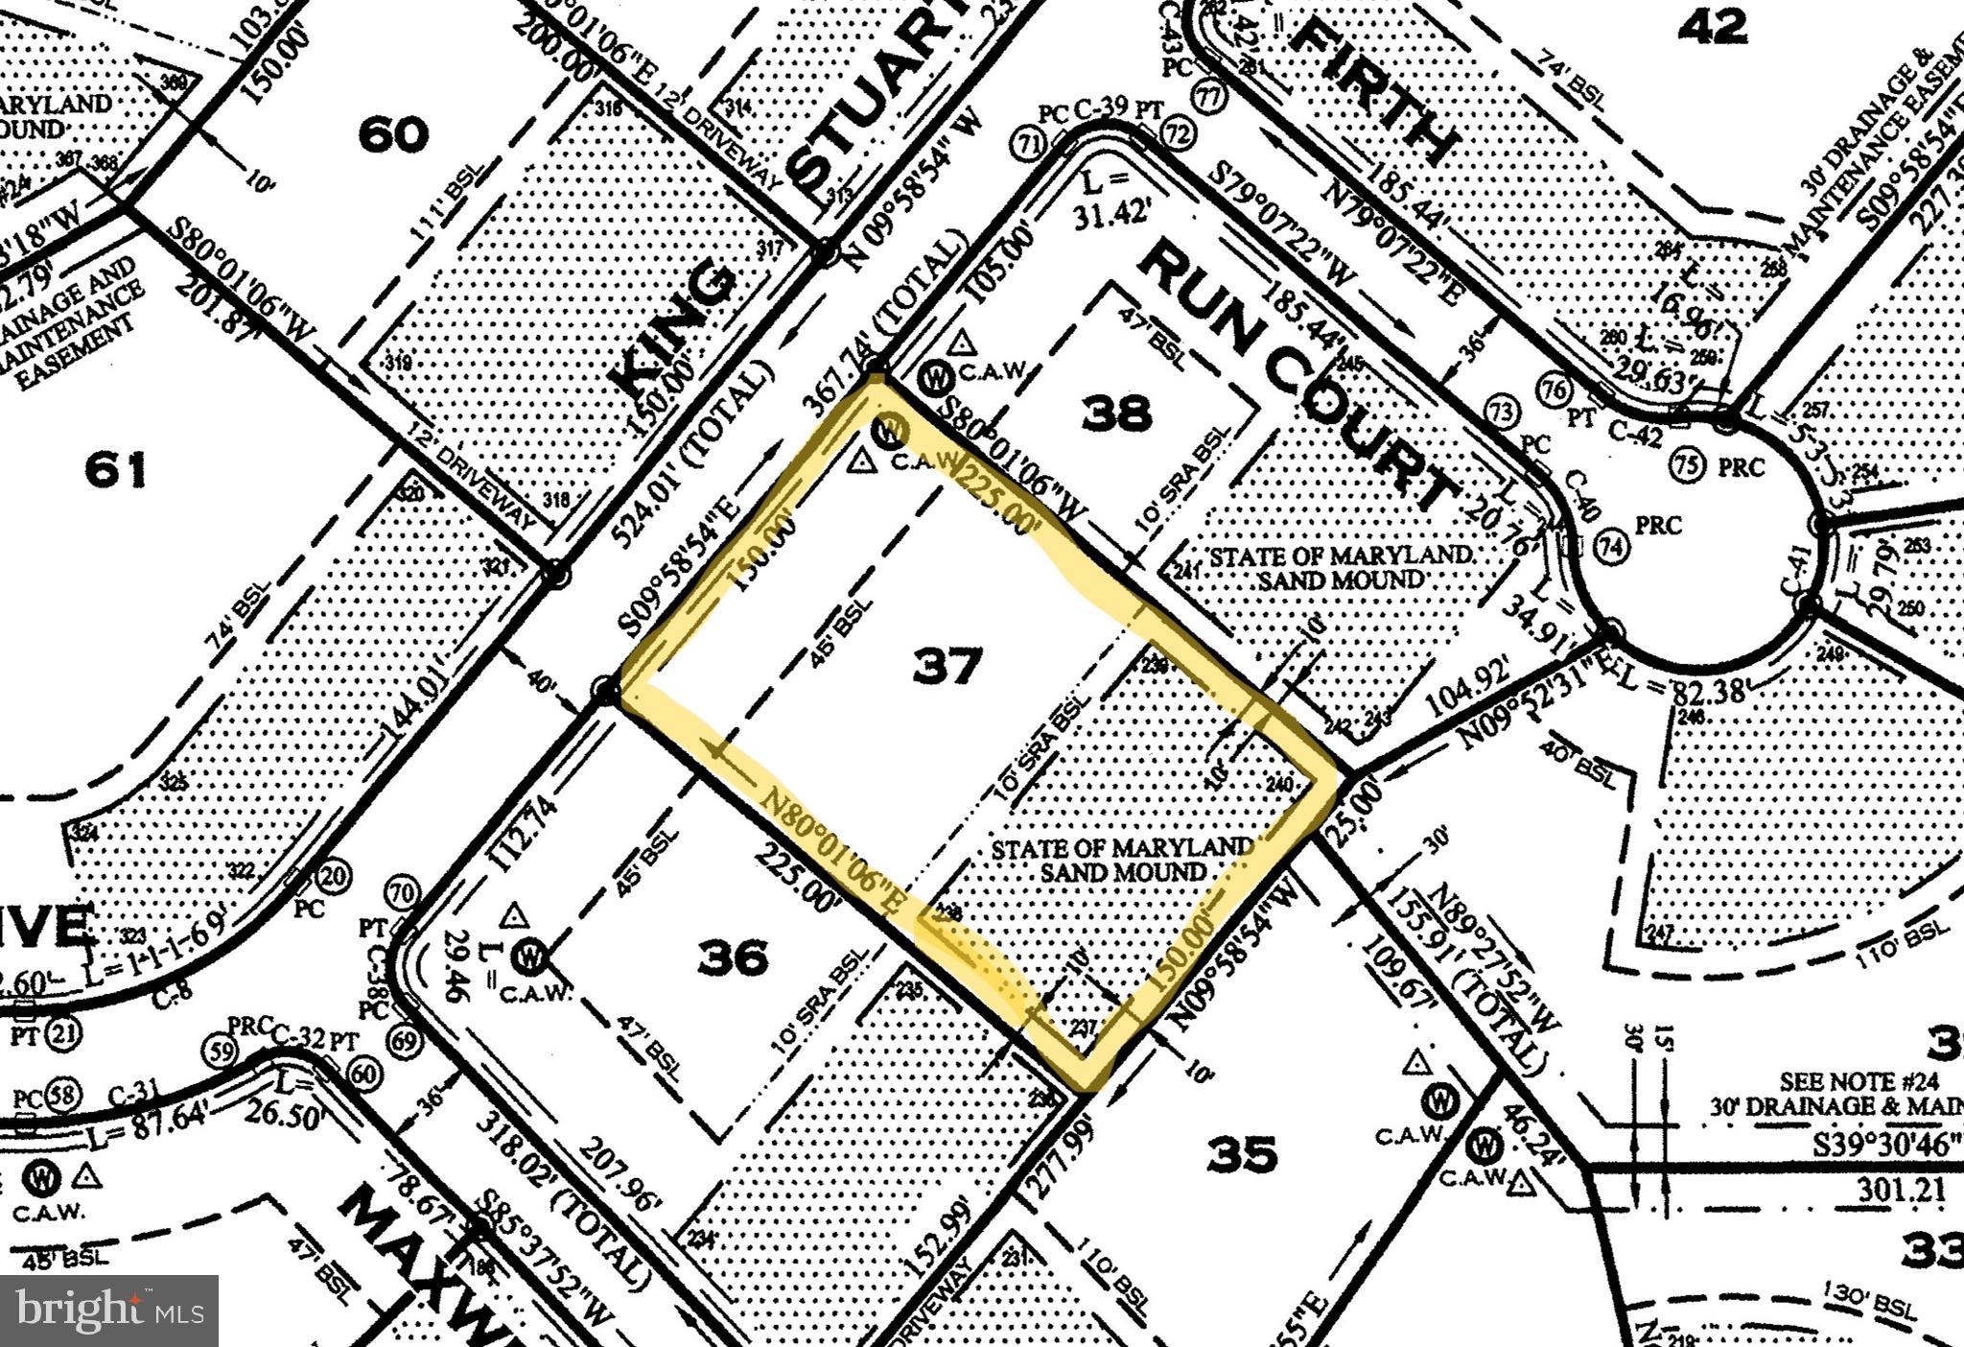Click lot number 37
pyautogui.click(x=947, y=665)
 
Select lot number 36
pyautogui.click(x=733, y=957)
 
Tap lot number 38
pyautogui.click(x=1115, y=414)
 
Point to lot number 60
pyautogui.click(x=393, y=133)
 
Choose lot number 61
pyautogui.click(x=116, y=470)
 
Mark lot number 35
pyautogui.click(x=1242, y=1153)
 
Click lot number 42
pyautogui.click(x=1715, y=26)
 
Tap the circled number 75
pyautogui.click(x=1687, y=465)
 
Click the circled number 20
pyautogui.click(x=334, y=874)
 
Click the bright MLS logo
pyautogui.click(x=109, y=1310)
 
